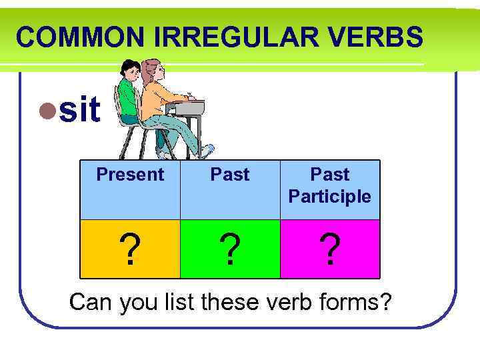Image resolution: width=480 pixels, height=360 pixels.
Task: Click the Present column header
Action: coord(130,175)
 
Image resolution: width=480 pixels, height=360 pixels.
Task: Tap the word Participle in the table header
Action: coord(330,197)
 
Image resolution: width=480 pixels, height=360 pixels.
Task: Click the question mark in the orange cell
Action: coord(131,250)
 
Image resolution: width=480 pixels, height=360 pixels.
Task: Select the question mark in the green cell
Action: coord(231,250)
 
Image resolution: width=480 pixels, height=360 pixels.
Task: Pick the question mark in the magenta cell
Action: coord(330,250)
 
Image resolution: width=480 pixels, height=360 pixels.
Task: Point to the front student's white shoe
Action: coord(207,151)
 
